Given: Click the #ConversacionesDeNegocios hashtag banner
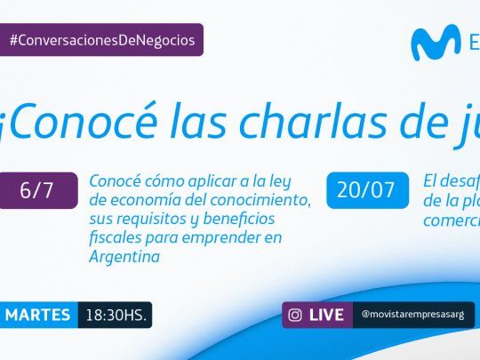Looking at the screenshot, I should (101, 39).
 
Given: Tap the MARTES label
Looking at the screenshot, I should (41, 315).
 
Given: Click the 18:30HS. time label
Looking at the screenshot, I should (116, 315).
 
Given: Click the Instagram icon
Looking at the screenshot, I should (296, 315).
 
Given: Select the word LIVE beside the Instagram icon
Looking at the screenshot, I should (327, 315).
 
